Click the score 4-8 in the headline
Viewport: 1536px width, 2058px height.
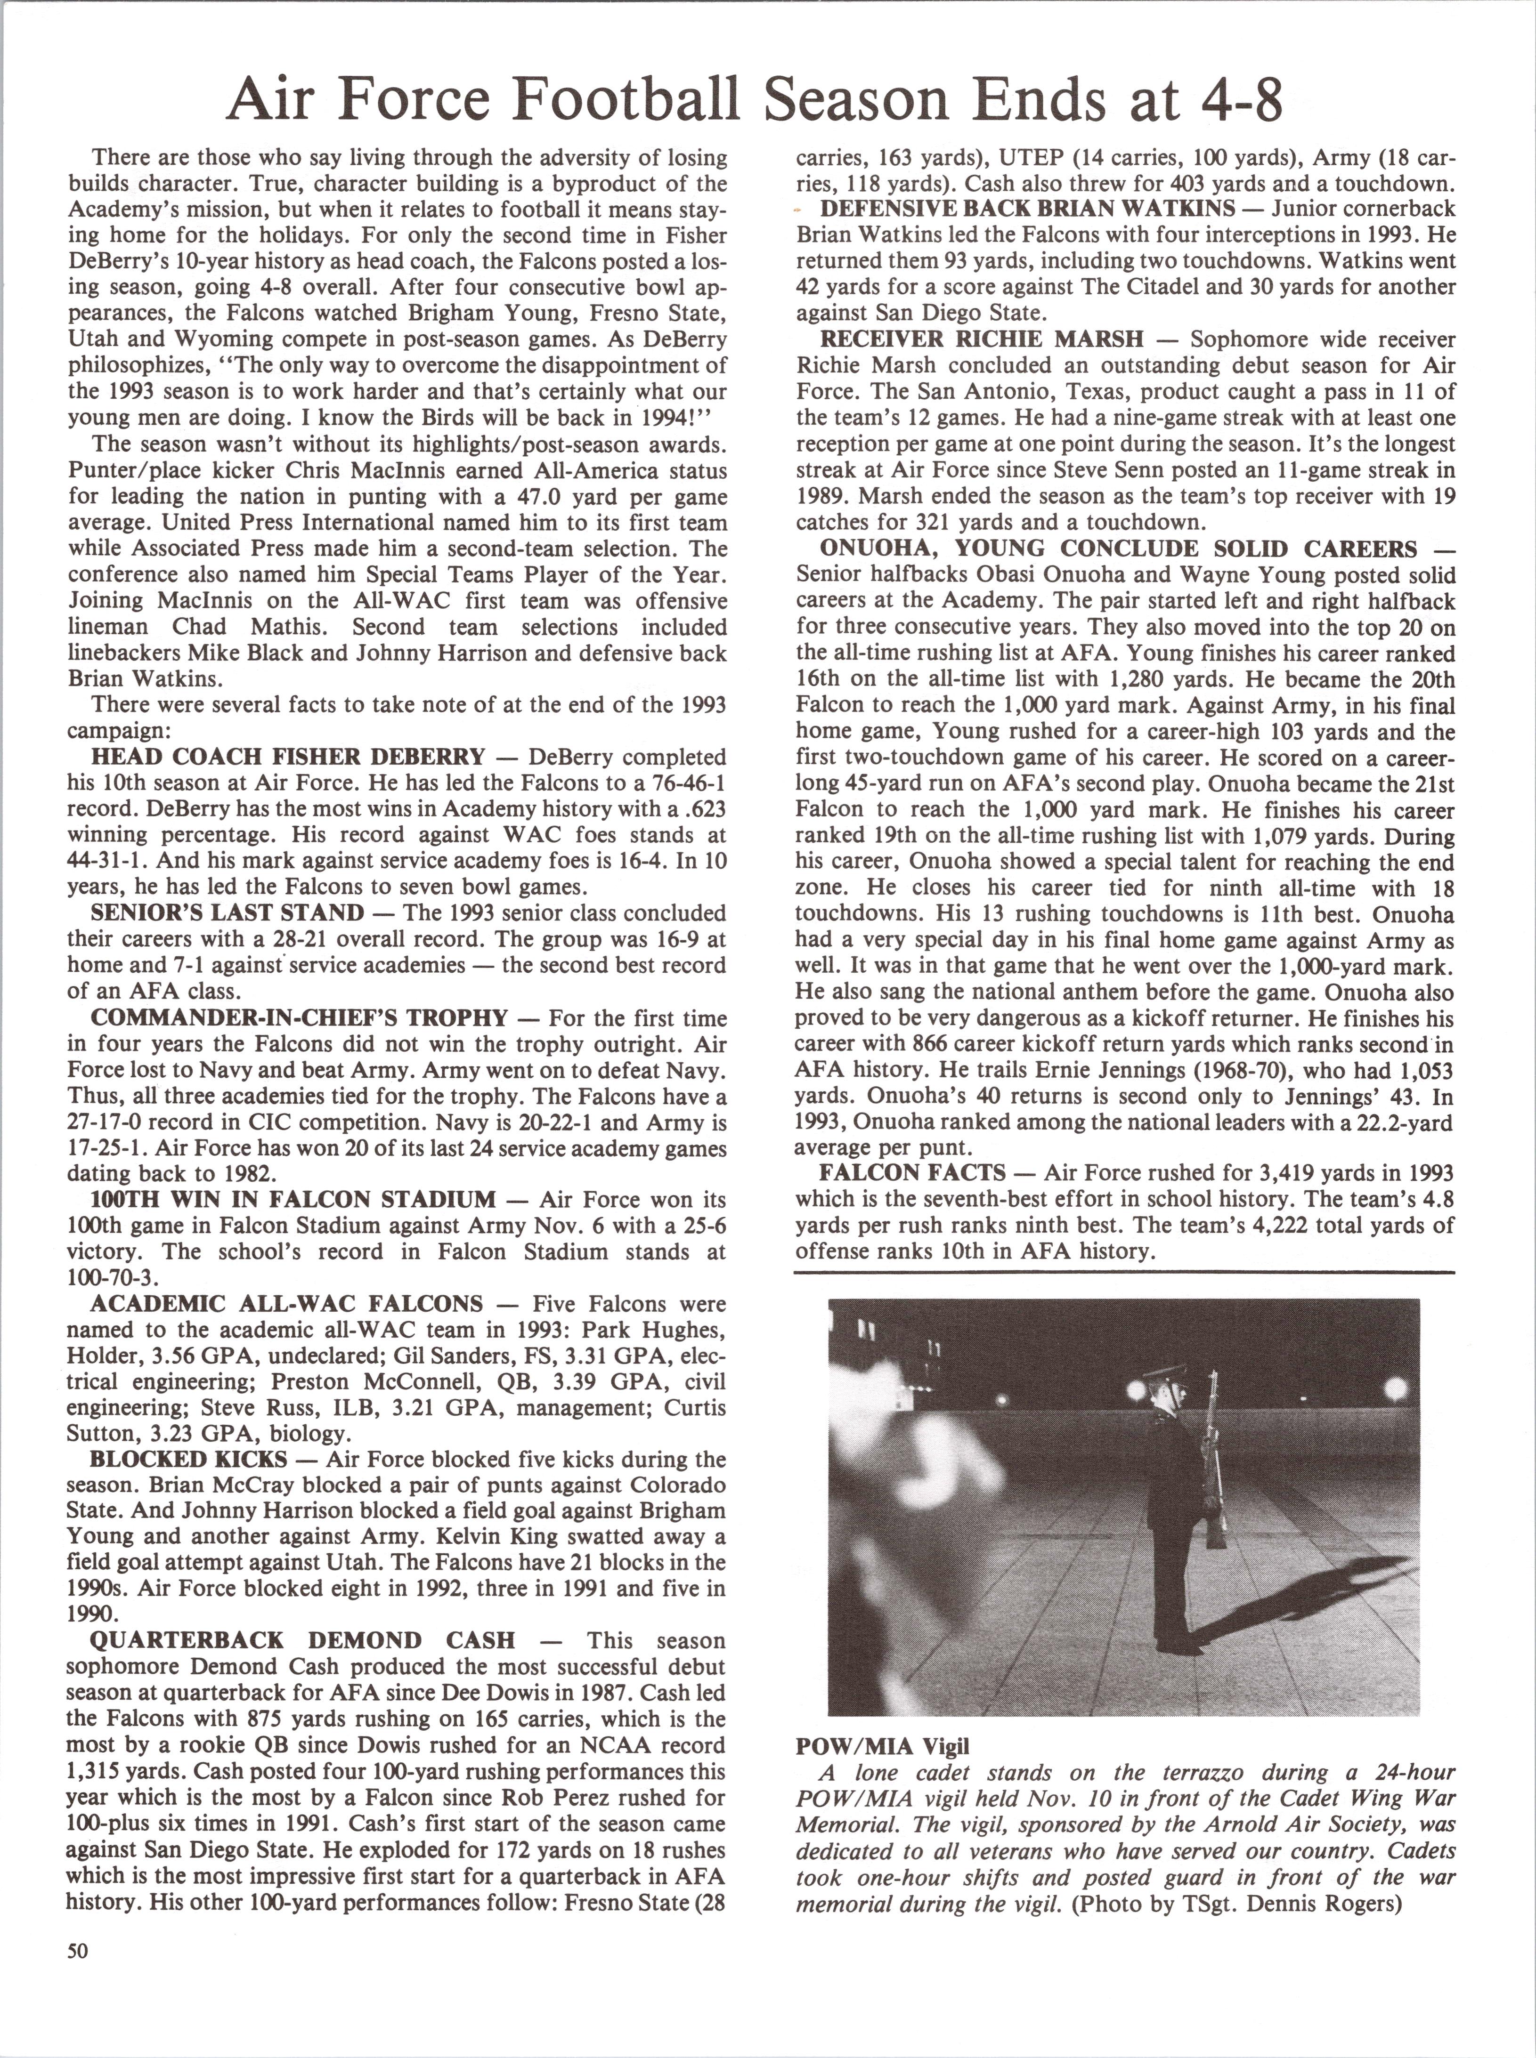pos(1235,97)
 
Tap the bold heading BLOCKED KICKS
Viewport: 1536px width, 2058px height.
pos(176,1460)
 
